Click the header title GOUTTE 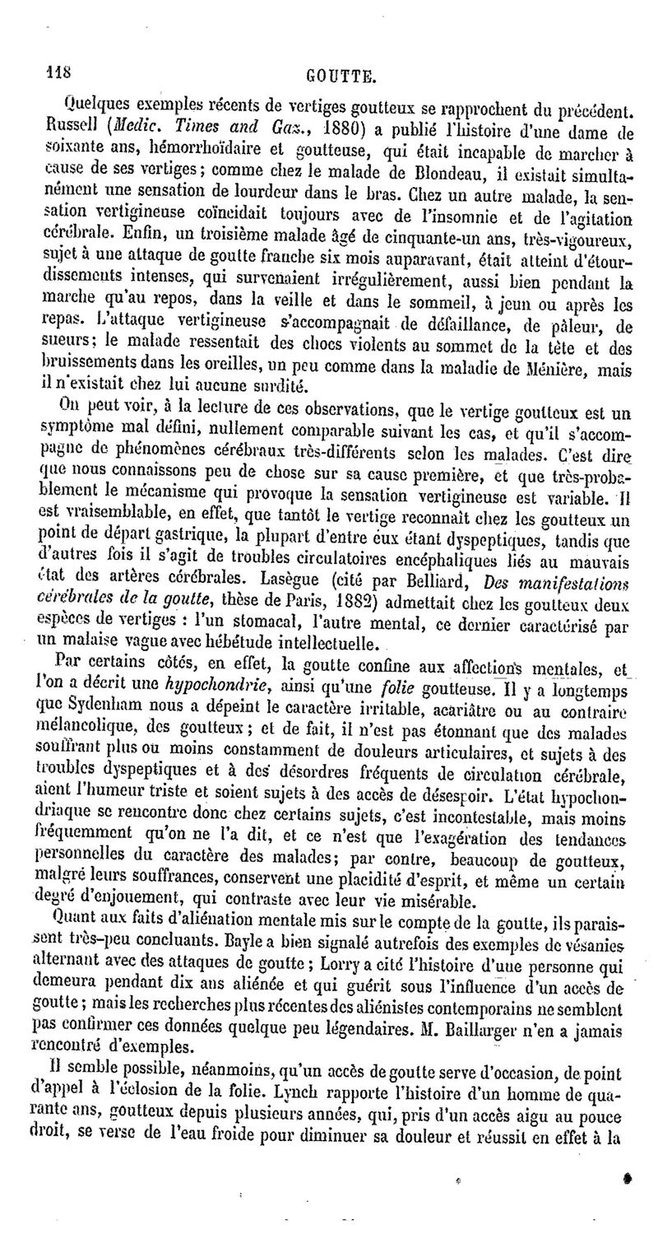(341, 79)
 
